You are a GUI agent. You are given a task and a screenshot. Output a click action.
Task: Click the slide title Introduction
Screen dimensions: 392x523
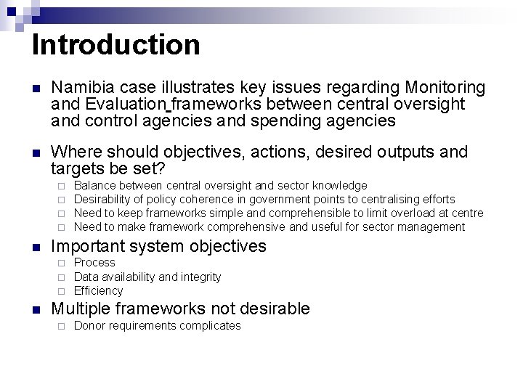pos(115,44)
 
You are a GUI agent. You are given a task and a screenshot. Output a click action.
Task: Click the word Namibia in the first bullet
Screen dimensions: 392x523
pos(81,88)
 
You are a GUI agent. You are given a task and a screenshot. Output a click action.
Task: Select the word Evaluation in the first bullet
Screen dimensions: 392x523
pos(122,105)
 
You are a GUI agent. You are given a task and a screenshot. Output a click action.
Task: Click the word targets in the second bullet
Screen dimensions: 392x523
pos(81,168)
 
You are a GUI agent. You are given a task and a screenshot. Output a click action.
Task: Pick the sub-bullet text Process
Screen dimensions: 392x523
pos(94,263)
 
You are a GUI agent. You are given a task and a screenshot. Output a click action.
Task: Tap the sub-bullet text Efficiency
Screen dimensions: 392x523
pos(99,290)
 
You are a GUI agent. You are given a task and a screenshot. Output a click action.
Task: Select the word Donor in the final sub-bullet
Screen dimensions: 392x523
pos(89,326)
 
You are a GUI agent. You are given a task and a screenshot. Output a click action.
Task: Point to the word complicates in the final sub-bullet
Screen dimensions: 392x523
pos(210,326)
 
